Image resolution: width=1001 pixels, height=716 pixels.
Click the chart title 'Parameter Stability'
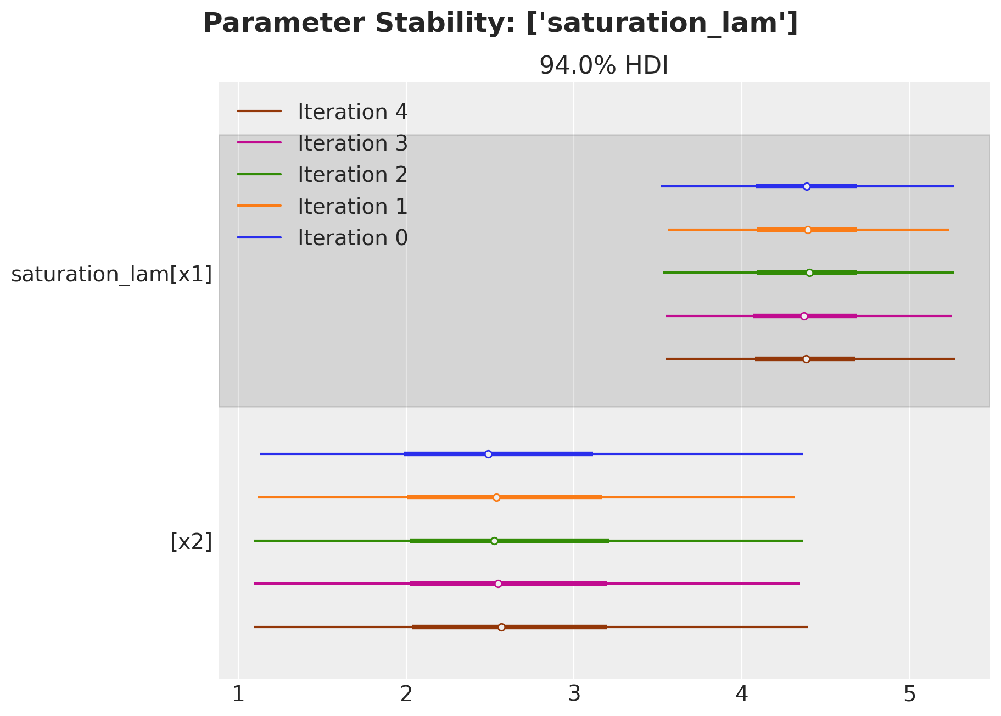[x=500, y=24]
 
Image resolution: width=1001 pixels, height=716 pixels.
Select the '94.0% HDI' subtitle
[x=603, y=66]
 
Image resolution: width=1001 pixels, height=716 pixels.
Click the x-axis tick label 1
[x=238, y=695]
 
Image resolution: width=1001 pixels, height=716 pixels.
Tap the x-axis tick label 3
[x=574, y=695]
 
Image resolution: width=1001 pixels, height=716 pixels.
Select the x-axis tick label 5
[x=910, y=695]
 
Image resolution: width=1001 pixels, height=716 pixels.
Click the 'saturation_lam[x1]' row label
[x=111, y=274]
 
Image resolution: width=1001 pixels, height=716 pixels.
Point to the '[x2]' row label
[x=191, y=542]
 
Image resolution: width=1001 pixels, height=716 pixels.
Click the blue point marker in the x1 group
[x=807, y=186]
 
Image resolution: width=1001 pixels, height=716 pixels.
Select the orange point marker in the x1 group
[x=808, y=230]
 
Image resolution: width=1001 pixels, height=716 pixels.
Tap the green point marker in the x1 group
[x=809, y=273]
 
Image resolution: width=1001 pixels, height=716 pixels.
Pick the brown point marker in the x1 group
[x=806, y=359]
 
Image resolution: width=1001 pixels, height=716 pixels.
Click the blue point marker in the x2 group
[x=488, y=454]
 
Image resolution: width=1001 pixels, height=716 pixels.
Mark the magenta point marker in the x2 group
[x=498, y=584]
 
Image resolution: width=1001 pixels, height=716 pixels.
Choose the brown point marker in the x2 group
[x=501, y=627]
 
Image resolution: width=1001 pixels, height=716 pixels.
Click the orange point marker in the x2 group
[x=496, y=497]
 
